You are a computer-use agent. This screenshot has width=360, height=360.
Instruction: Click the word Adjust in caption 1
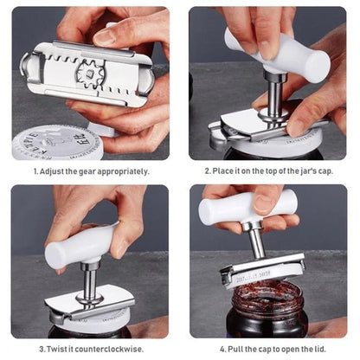52,171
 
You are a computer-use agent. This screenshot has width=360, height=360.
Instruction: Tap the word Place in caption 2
223,171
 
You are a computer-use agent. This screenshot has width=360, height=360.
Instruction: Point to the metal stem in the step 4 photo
257,241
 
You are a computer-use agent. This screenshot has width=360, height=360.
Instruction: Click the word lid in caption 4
321,350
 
